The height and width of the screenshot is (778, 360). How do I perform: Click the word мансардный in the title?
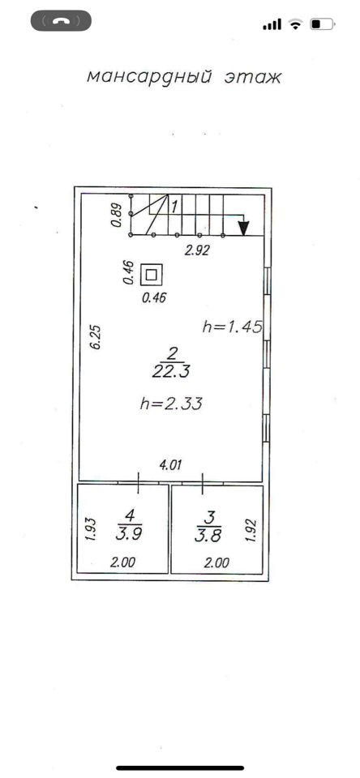pos(149,78)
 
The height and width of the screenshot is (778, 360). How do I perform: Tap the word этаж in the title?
pos(253,78)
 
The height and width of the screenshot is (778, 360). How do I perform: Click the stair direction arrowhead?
pos(242,227)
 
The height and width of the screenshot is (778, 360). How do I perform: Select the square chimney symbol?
pos(152,274)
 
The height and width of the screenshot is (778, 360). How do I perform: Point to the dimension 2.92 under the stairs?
pos(197,250)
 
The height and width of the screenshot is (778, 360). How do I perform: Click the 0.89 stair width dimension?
pos(116,216)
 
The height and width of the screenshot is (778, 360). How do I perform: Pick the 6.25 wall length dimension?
pos(96,337)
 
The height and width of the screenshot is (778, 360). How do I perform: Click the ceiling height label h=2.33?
pos(171,404)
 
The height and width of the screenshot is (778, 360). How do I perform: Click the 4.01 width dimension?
pos(170,465)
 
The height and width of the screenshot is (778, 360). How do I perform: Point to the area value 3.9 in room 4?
pos(130,535)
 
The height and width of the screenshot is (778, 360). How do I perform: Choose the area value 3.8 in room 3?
pos(208,535)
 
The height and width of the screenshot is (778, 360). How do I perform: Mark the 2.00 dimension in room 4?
pos(122,562)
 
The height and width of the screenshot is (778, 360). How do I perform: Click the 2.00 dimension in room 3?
pos(216,562)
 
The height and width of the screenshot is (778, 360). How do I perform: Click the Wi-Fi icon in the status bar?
pos(296,24)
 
